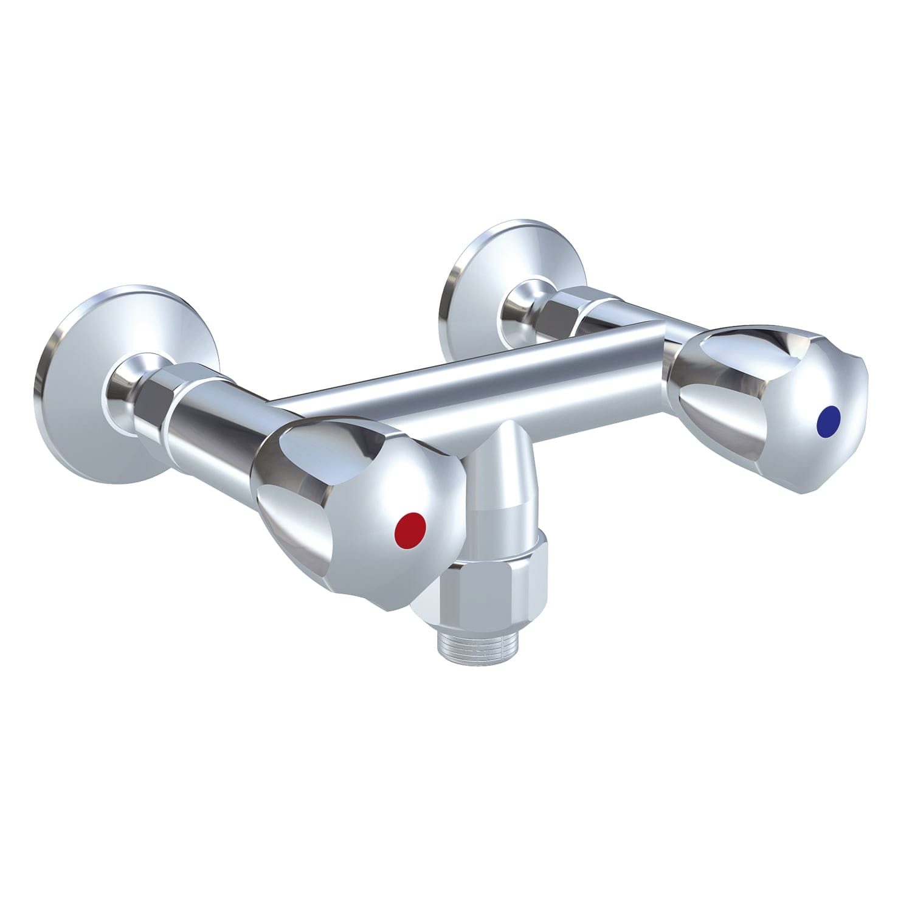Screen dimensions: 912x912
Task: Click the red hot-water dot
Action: point(409,524)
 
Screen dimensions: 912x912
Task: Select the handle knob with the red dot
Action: point(340,499)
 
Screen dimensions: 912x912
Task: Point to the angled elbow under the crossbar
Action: point(499,480)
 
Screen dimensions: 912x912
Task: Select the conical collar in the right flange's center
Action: point(517,298)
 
